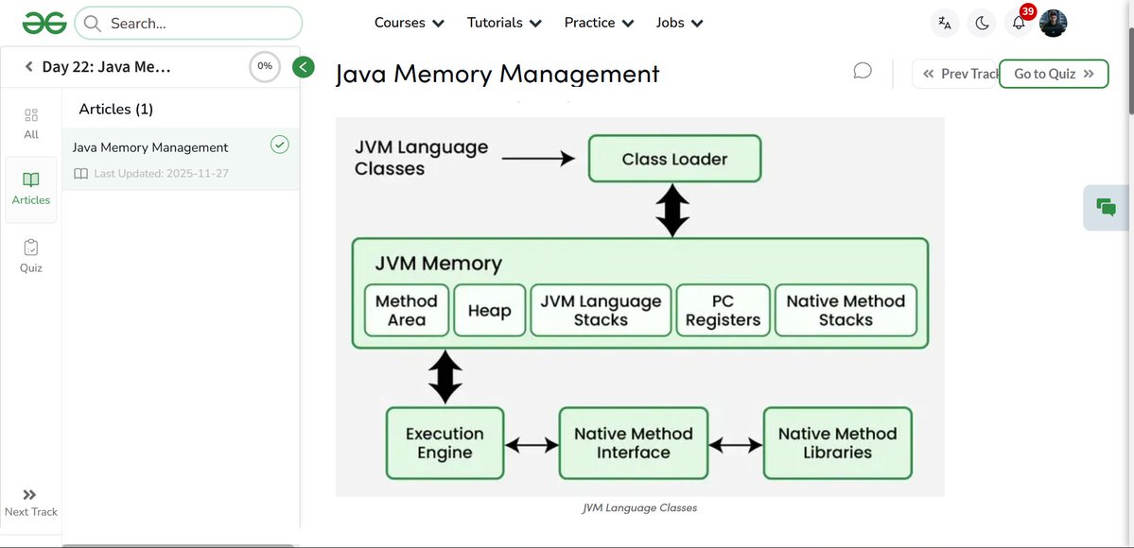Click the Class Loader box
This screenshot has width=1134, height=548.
(674, 159)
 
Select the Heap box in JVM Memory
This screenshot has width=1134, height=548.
(489, 311)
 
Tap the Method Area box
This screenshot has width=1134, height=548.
(406, 311)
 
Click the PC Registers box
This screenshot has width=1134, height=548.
(723, 311)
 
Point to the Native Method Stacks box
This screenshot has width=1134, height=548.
(846, 311)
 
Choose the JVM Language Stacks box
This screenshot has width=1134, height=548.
(601, 311)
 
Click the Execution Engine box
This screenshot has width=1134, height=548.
(445, 443)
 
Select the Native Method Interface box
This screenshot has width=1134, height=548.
(633, 443)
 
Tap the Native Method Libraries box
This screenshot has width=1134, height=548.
(837, 443)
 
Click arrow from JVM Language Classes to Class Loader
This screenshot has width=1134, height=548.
(538, 159)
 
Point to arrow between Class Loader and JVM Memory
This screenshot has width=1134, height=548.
(672, 211)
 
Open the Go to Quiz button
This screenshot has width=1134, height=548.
(1053, 74)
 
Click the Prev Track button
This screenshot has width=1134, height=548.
(955, 74)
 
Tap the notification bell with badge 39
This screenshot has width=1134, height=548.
(1019, 24)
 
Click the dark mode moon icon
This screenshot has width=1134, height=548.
(982, 24)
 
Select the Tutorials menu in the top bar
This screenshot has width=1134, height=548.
(504, 23)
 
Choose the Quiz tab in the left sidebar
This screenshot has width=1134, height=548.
(31, 255)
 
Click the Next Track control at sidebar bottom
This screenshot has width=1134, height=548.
(31, 503)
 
